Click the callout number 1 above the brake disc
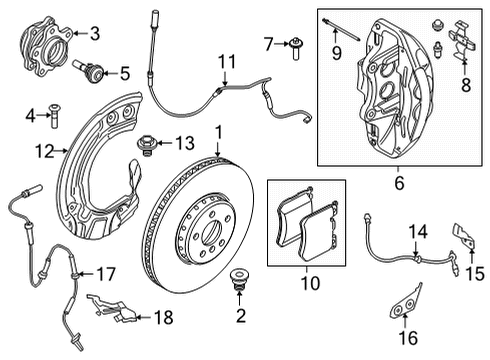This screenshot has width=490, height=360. point(219,131)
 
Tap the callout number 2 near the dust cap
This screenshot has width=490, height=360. point(239,316)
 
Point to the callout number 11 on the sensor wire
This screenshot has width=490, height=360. point(229,62)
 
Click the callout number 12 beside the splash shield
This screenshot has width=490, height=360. point(42,152)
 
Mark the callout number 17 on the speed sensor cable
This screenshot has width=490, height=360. point(105,271)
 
